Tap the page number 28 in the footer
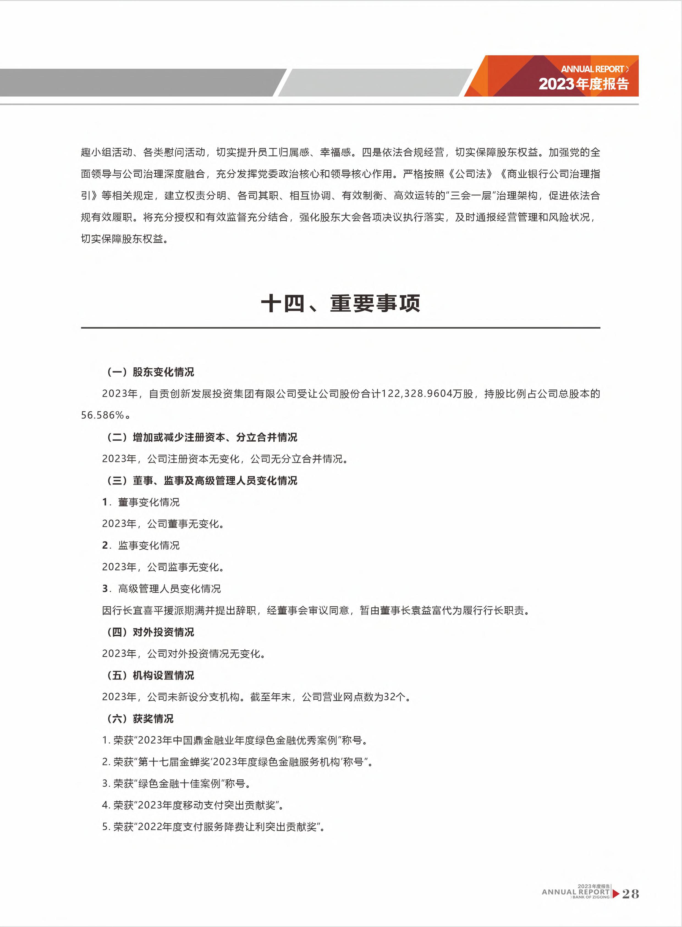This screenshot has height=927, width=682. [630, 894]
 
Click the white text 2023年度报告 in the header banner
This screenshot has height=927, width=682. [583, 84]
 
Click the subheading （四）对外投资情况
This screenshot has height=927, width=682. [150, 632]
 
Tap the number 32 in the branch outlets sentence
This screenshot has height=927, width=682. [389, 697]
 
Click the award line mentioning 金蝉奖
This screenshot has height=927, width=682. [237, 762]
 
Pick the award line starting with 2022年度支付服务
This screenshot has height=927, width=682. [213, 827]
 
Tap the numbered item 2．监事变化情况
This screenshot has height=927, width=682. [141, 546]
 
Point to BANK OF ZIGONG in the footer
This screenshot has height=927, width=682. [591, 897]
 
